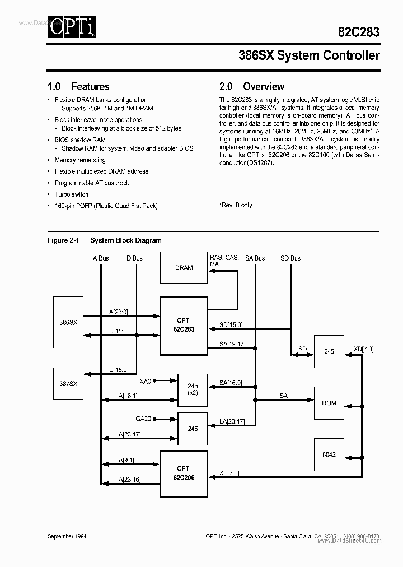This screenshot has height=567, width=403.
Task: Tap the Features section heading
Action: (x=79, y=87)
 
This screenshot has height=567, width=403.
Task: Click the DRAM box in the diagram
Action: (x=184, y=268)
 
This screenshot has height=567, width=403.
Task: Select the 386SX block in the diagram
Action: (x=68, y=323)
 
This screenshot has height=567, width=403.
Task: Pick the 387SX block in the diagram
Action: (x=68, y=384)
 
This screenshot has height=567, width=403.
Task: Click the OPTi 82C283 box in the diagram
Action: (x=184, y=326)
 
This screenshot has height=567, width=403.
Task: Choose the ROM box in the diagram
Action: (x=329, y=403)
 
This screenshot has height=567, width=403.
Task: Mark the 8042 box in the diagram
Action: (x=329, y=454)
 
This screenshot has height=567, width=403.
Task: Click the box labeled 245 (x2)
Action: (x=193, y=389)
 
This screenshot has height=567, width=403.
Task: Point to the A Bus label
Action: (x=101, y=258)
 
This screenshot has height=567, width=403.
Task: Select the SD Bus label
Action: (x=290, y=258)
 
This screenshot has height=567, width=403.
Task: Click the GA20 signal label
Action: (x=143, y=419)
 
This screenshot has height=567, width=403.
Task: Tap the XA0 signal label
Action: (x=145, y=380)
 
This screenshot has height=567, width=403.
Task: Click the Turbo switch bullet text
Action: (x=72, y=194)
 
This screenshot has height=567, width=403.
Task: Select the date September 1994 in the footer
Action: (x=67, y=536)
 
